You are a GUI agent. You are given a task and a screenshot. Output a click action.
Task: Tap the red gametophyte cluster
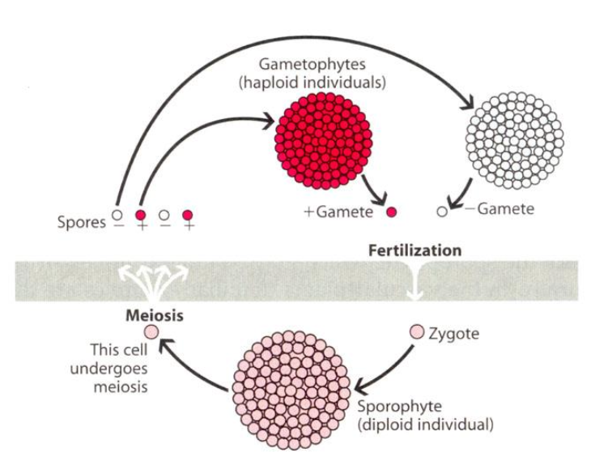click(x=324, y=140)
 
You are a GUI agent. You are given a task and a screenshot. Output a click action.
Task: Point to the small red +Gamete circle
click(x=392, y=212)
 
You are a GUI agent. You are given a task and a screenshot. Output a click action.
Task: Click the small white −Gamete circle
click(x=442, y=211)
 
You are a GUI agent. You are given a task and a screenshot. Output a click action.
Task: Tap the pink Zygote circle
click(x=417, y=332)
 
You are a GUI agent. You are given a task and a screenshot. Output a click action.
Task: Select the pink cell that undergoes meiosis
click(x=150, y=331)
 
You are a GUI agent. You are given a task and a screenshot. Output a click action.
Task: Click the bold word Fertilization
click(x=415, y=250)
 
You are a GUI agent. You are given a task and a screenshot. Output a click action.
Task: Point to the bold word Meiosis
click(x=155, y=315)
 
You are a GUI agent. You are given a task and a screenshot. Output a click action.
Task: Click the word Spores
click(x=81, y=222)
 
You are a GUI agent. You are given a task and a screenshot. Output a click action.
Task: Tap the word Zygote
click(x=456, y=333)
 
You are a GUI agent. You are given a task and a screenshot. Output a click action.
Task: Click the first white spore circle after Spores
click(x=117, y=216)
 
